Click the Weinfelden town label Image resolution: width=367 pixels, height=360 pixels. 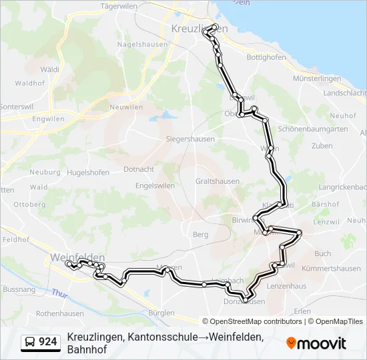point(77,257)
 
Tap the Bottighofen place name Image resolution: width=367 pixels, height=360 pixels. point(266,57)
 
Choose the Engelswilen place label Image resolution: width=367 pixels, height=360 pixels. point(155,185)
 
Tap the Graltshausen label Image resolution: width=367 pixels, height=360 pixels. point(218,181)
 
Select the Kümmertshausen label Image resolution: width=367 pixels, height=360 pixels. point(331,269)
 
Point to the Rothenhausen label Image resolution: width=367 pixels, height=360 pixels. point(60,313)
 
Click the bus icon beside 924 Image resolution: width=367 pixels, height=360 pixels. point(31,342)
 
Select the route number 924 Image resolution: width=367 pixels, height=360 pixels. point(48,342)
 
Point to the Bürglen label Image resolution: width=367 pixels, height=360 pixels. point(162,313)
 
